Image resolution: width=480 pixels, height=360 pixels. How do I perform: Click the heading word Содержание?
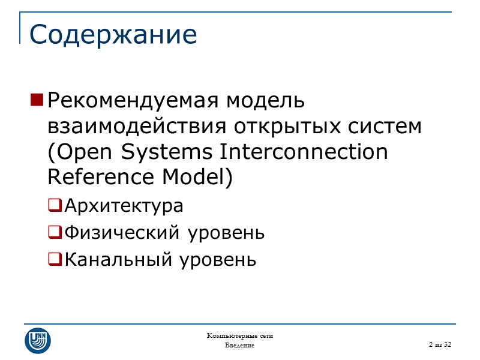113,35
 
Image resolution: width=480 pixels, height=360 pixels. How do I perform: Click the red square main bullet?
36,100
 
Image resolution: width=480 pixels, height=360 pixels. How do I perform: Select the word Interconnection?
304,152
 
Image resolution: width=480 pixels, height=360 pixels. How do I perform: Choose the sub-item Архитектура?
124,206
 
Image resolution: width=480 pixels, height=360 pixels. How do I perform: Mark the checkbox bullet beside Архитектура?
55,206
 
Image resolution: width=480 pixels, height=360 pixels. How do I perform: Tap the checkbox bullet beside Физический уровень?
55,232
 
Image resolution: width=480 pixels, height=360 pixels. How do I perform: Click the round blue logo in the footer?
38,340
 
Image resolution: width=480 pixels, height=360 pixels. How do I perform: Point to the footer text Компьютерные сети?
240,335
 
